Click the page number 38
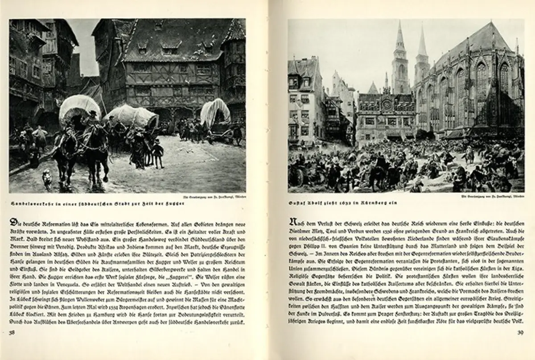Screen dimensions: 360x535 pos(12,332)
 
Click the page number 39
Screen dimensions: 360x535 pos(519,332)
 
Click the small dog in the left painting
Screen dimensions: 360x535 pos(47,178)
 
